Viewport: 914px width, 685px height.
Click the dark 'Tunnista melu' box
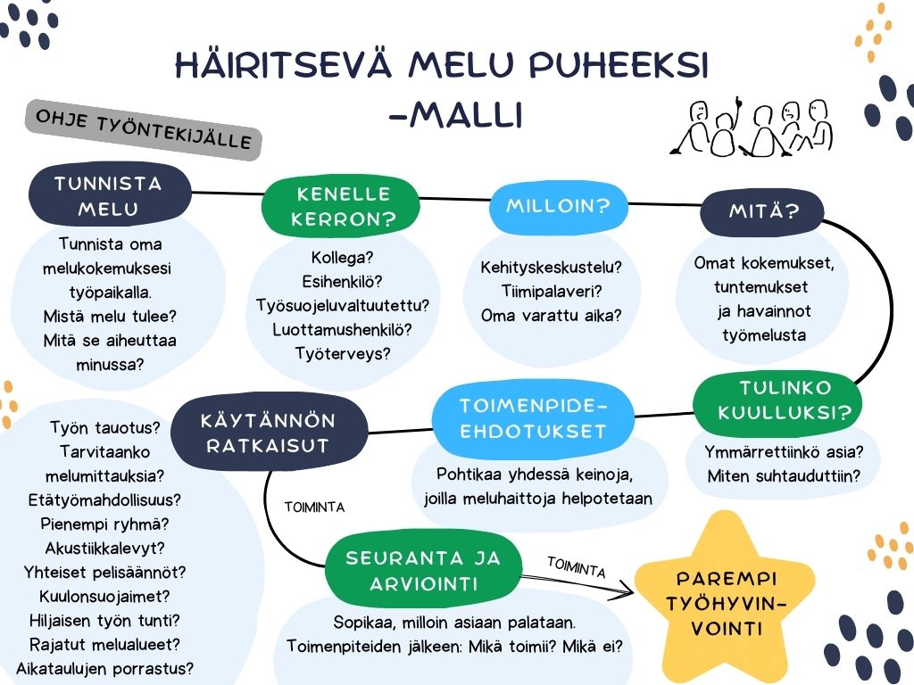(x=110, y=194)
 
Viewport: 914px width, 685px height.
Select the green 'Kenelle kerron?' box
(x=341, y=206)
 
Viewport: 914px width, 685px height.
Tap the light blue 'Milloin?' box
(x=559, y=206)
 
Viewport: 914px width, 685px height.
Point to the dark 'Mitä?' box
(x=762, y=210)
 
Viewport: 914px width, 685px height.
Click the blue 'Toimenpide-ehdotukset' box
(x=533, y=418)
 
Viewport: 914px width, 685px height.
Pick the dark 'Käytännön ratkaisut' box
(x=269, y=433)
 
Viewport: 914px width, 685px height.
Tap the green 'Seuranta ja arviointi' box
(x=422, y=570)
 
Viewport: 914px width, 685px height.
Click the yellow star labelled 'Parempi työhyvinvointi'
(x=725, y=602)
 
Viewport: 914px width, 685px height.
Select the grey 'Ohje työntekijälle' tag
(x=144, y=129)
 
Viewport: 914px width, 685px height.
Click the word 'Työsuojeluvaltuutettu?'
(x=342, y=305)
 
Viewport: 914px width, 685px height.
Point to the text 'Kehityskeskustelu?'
(x=551, y=268)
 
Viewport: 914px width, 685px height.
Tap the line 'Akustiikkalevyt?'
(x=105, y=549)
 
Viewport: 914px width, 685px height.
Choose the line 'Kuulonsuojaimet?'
(x=104, y=597)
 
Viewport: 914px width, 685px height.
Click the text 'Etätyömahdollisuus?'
(x=104, y=499)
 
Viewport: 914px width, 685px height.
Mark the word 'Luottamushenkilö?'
(x=342, y=330)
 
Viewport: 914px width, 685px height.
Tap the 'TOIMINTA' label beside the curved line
(x=314, y=508)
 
